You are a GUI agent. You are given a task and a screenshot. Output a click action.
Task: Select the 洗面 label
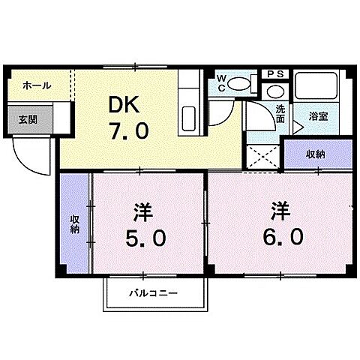(279, 114)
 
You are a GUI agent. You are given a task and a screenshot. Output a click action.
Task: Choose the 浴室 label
(319, 116)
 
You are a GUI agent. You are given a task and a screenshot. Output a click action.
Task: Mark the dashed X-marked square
(261, 156)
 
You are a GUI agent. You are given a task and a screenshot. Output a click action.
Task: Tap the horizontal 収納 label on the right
(315, 154)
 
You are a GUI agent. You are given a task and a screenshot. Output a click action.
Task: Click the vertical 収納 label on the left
(75, 223)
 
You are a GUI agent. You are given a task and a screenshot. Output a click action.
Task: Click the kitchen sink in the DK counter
(188, 118)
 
